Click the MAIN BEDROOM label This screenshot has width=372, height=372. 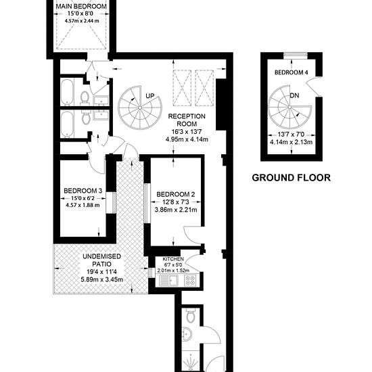81,6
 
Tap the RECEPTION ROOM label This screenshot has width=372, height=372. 187,120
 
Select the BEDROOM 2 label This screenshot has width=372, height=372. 176,195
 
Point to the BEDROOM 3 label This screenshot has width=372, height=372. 83,191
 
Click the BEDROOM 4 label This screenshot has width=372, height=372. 292,72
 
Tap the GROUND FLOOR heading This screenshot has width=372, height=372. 291,178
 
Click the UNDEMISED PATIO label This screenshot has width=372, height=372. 101,260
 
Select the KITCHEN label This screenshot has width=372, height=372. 173,259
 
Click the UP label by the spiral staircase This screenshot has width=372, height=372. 150,96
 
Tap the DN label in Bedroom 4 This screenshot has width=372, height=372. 294,95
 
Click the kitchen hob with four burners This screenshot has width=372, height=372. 190,280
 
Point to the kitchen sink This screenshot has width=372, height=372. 169,280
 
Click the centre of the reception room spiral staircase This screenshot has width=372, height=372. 140,108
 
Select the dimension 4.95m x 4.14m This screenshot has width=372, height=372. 187,139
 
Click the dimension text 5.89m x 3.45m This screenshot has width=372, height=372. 101,279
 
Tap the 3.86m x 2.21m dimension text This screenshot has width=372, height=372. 176,210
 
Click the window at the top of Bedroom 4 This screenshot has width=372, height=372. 296,55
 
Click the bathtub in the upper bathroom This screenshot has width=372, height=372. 68,92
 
